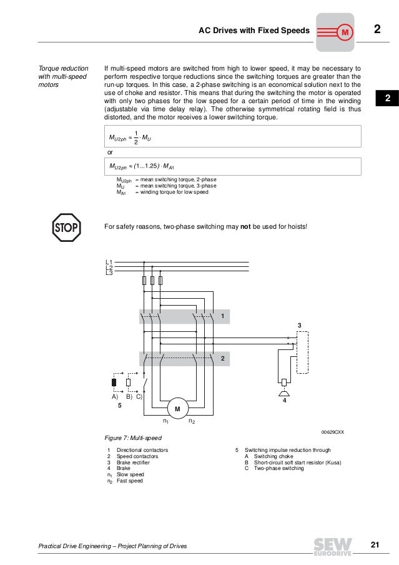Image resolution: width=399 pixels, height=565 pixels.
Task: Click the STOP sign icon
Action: point(66,228)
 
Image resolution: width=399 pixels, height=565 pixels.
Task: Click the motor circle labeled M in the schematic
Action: point(177,409)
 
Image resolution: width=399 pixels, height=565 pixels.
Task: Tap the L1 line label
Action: point(109,262)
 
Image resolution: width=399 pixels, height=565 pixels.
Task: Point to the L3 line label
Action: point(109,272)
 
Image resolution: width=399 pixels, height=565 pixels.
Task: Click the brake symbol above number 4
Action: point(284,392)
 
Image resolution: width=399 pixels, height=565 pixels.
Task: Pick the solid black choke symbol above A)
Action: point(114,382)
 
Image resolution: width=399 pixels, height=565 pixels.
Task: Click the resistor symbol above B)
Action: point(129,382)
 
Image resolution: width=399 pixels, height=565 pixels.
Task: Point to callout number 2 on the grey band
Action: point(222,358)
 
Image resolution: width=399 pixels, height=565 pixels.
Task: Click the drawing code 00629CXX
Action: point(332,432)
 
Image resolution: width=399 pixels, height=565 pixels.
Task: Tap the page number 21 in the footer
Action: point(375,546)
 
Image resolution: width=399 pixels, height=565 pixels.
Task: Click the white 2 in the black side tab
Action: point(387,99)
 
